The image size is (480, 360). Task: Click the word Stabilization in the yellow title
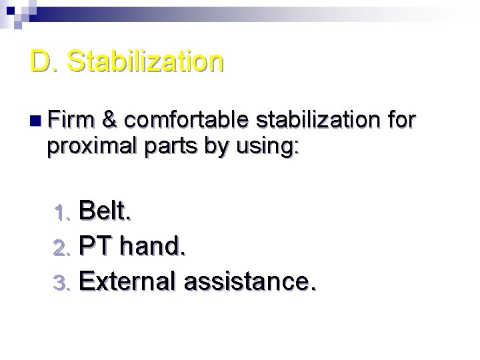point(145,61)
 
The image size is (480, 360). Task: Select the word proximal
point(87,147)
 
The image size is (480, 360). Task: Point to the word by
point(216,147)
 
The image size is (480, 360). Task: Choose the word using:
point(266,147)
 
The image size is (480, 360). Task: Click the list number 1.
point(61,213)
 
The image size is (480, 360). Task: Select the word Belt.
point(105,211)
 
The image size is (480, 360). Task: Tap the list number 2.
point(61,249)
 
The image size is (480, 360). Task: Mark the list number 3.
point(61,283)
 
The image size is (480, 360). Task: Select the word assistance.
point(250,281)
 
